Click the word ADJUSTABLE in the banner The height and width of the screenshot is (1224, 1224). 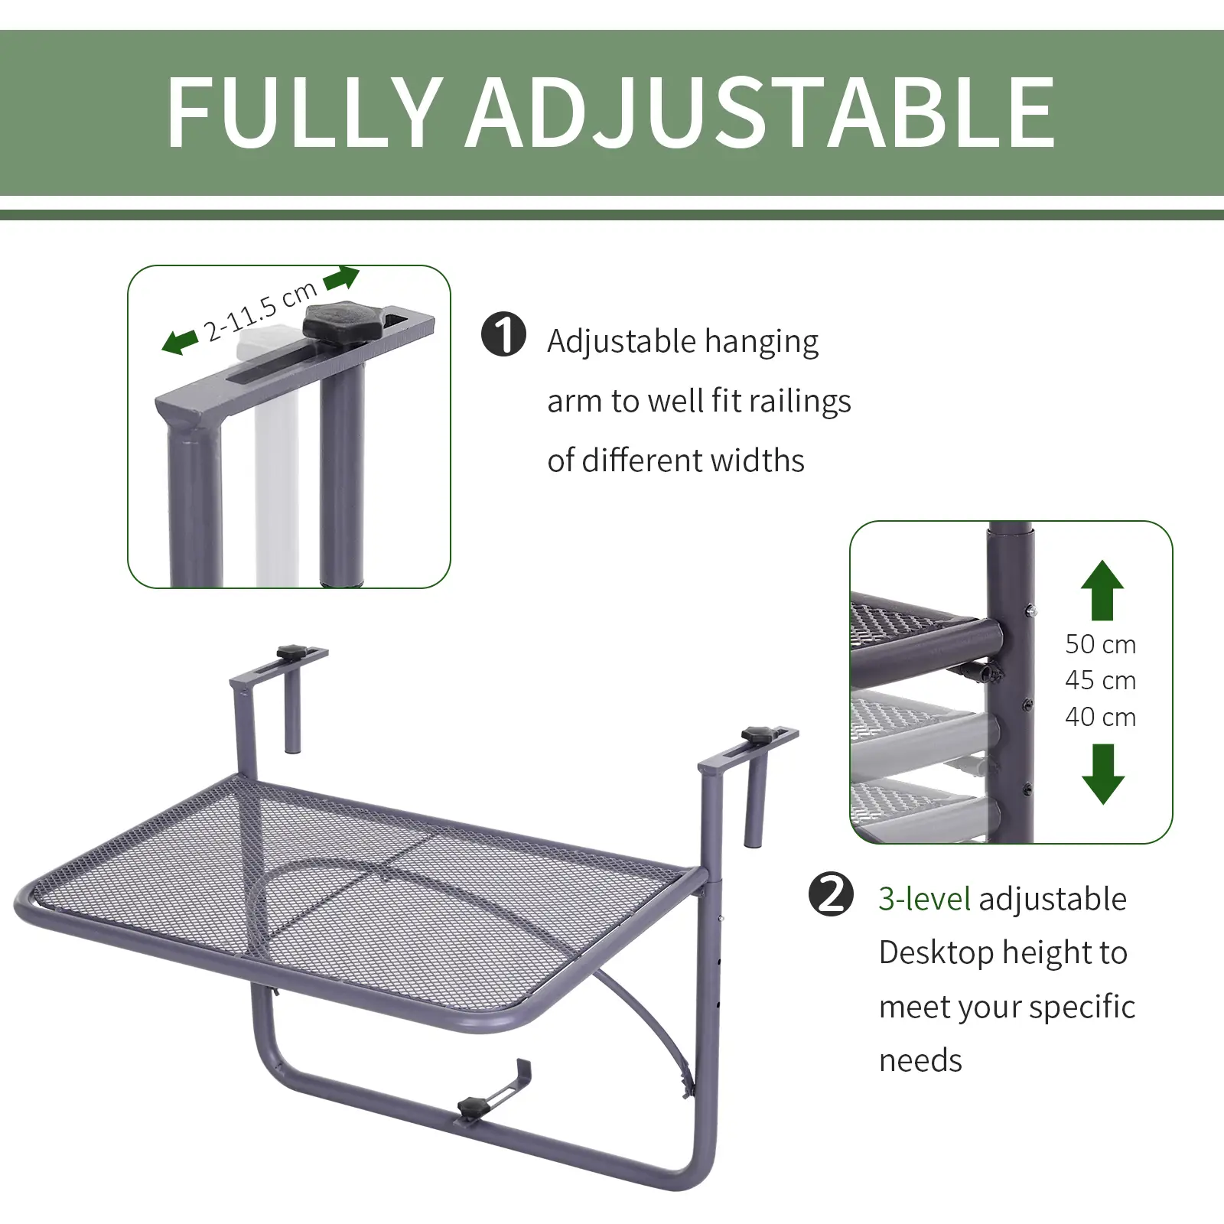pyautogui.click(x=761, y=112)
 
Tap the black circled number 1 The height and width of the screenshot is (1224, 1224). pyautogui.click(x=503, y=335)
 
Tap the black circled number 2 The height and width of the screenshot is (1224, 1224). pyautogui.click(x=831, y=894)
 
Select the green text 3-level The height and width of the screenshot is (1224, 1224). pyautogui.click(x=923, y=900)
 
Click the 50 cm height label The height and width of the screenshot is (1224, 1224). pyautogui.click(x=1100, y=645)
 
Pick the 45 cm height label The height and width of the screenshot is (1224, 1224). pyautogui.click(x=1100, y=681)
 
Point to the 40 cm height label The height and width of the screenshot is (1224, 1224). pyautogui.click(x=1100, y=718)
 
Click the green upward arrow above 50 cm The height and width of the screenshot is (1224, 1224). pyautogui.click(x=1102, y=590)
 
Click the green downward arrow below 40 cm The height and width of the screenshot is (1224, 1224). pyautogui.click(x=1102, y=774)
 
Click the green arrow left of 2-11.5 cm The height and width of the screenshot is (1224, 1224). pyautogui.click(x=180, y=342)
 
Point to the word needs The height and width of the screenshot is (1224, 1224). pyautogui.click(x=920, y=1061)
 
